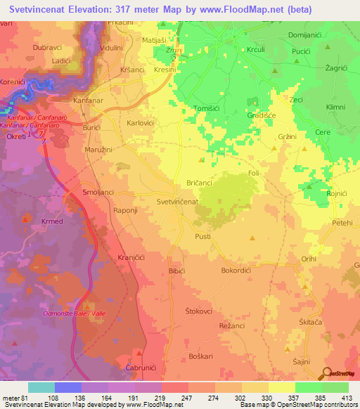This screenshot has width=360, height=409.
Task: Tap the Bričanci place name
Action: click(200, 182)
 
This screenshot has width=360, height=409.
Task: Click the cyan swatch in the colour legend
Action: click(41, 387)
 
